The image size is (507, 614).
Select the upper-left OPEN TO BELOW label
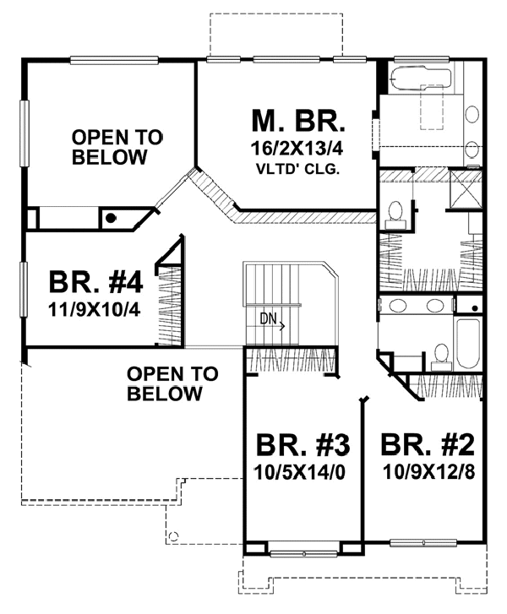106,146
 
